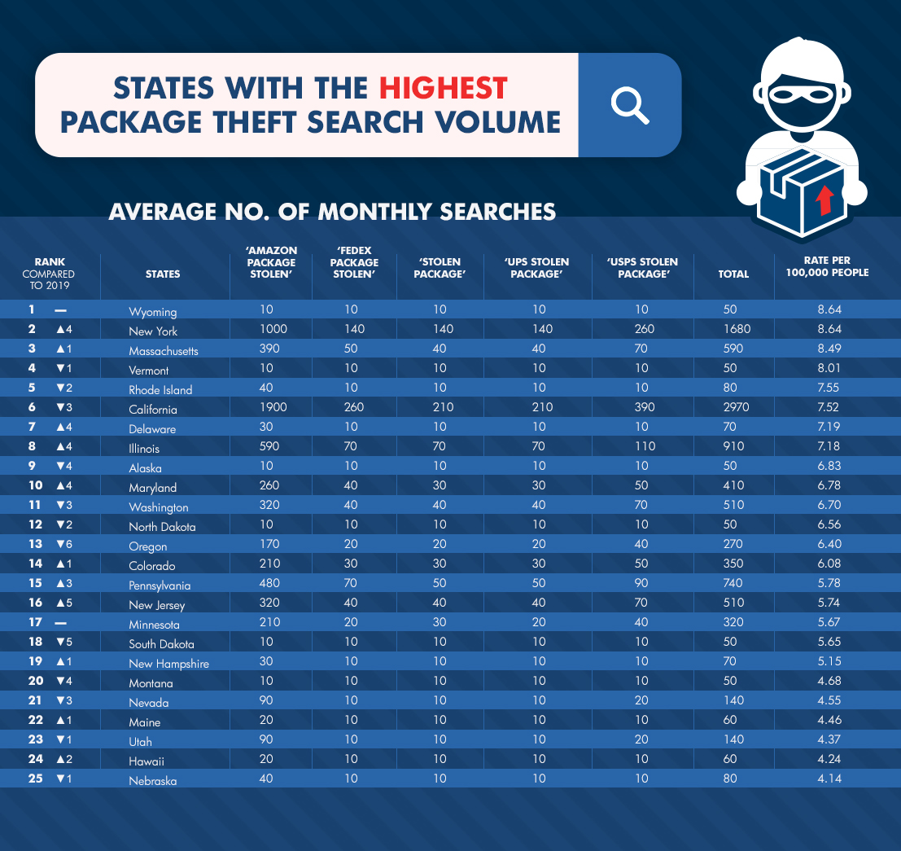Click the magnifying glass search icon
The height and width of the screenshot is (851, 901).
click(x=629, y=105)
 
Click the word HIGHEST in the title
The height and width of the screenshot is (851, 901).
click(x=444, y=87)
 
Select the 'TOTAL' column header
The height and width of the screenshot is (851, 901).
click(x=733, y=274)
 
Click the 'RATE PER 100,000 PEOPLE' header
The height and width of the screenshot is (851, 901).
click(x=829, y=267)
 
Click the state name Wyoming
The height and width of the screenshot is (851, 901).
click(x=153, y=312)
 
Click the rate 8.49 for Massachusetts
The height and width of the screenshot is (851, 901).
click(x=829, y=349)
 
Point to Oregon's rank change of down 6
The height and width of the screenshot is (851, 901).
click(x=63, y=544)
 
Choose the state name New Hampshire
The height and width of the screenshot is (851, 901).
click(x=168, y=664)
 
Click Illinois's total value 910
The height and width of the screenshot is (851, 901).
click(x=733, y=446)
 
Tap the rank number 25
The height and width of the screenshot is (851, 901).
click(x=34, y=779)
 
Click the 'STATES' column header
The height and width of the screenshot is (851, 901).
click(x=163, y=274)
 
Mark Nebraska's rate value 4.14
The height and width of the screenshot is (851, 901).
click(x=829, y=779)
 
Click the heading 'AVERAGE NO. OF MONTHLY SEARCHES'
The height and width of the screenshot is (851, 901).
click(x=332, y=212)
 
